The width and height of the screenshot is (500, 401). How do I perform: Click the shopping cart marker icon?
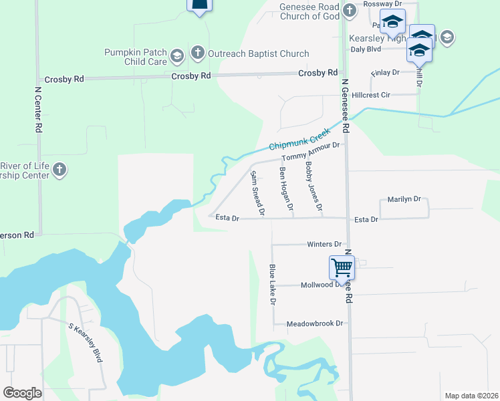click(342, 267)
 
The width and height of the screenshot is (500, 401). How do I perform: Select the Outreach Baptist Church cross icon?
click(197, 52)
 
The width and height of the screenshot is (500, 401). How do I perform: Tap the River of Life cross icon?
click(59, 169)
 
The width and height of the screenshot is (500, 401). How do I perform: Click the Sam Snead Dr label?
click(257, 193)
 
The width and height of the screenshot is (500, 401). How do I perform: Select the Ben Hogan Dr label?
click(286, 190)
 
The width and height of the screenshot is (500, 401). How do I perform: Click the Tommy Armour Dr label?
click(311, 152)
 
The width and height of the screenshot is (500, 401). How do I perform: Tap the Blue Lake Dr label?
click(273, 285)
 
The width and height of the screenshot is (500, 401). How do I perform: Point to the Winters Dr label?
click(324, 245)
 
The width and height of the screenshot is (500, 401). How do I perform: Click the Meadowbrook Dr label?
click(314, 323)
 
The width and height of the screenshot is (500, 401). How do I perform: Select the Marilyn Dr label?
click(404, 199)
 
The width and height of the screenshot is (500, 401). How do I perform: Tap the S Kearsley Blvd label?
click(86, 343)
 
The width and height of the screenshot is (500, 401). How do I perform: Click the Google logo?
click(23, 393)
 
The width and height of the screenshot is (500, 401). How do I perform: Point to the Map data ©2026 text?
click(471, 396)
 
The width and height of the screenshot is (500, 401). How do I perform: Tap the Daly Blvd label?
click(366, 49)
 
